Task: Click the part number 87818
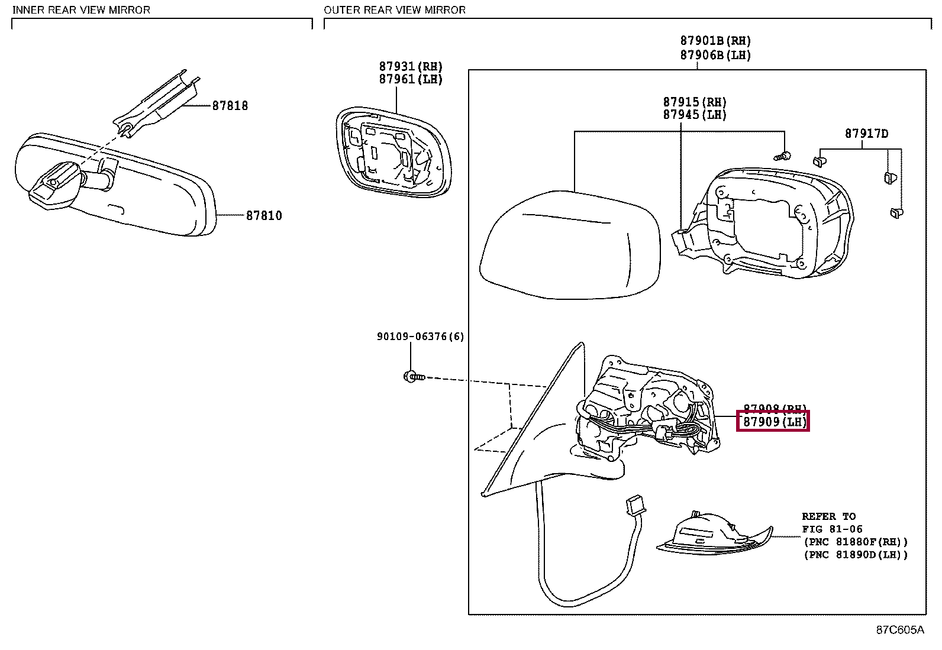tap(230, 106)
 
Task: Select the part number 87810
tap(264, 216)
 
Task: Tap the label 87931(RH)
tap(411, 67)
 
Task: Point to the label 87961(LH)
tap(411, 79)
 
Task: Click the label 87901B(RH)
tap(715, 41)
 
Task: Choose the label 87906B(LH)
tap(715, 55)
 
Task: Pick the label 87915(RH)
tap(695, 102)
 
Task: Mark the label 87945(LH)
tap(695, 115)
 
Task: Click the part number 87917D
tap(866, 134)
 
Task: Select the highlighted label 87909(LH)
tap(772, 422)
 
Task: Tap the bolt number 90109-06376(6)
tap(420, 337)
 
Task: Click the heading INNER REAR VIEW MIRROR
tap(81, 10)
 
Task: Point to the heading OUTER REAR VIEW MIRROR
tap(395, 10)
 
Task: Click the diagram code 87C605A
tap(899, 630)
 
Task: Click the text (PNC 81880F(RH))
tap(854, 542)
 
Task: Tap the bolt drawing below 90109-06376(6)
tap(412, 377)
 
